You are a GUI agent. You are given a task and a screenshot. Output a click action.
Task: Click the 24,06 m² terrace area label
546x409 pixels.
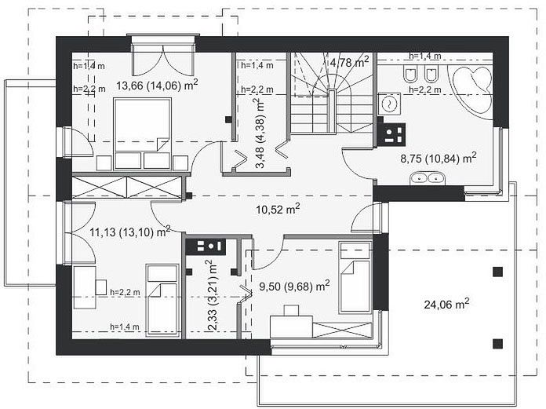(446, 304)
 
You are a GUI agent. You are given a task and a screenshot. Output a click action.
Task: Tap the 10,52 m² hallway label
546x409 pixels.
(278, 209)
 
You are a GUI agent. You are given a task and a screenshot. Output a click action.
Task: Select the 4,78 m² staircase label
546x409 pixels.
(349, 62)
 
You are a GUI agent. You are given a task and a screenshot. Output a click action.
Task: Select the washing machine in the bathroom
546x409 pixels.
(390, 104)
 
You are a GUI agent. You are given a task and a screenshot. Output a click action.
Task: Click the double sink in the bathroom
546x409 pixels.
(426, 177)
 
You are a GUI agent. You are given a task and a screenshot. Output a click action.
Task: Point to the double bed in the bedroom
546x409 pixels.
(143, 133)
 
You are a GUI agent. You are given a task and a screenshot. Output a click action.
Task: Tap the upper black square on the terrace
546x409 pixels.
(498, 272)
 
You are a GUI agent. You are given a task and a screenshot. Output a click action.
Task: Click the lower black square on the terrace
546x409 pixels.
(498, 344)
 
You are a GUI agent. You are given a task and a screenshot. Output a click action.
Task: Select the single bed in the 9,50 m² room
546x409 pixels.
(355, 277)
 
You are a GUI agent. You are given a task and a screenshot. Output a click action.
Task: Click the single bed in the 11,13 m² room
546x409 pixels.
(162, 300)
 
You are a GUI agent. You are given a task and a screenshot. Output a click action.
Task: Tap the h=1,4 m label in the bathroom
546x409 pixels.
(425, 56)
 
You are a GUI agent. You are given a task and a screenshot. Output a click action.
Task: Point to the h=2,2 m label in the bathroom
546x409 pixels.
(425, 89)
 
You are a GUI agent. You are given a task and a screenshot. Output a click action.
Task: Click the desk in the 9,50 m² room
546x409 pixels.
(291, 322)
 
